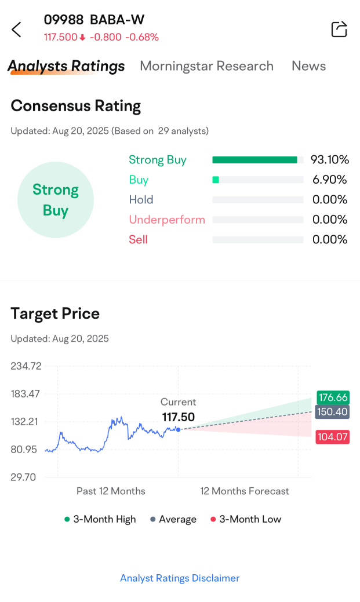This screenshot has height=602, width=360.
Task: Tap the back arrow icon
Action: point(16,30)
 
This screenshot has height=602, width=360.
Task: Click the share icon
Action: point(339,29)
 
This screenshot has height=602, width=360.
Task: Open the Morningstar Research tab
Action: point(206,66)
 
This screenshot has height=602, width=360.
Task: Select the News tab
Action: point(308,66)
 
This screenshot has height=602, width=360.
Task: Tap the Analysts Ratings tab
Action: point(66,66)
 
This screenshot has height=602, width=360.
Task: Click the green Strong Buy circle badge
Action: point(56,200)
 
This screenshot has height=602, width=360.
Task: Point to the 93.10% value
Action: point(329,160)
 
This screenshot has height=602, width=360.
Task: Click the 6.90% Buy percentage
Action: point(329,180)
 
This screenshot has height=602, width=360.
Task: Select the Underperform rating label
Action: point(167,220)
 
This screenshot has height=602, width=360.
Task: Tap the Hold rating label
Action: point(141,200)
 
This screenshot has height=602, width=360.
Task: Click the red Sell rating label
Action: point(138,239)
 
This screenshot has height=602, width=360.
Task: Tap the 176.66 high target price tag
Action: point(333,397)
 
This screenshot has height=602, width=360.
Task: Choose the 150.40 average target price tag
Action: point(333,412)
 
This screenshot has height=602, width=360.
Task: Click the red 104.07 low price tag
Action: point(333,437)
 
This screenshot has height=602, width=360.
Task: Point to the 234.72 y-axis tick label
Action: point(26,366)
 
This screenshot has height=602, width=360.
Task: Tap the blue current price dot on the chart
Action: point(178,429)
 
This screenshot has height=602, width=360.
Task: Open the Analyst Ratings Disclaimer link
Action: point(180,578)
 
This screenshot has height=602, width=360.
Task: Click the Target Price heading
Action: point(55,313)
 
